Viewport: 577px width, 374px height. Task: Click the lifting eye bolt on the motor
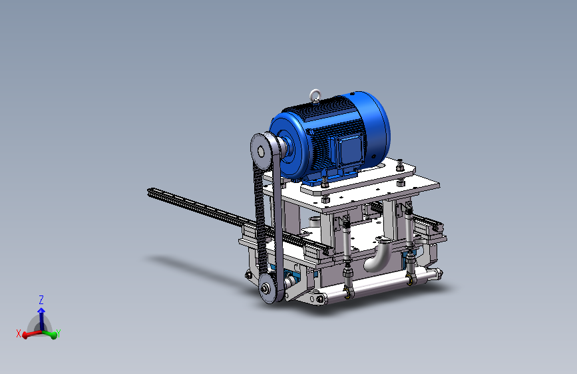coord(315,95)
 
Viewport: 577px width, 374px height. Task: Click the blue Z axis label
coord(41,299)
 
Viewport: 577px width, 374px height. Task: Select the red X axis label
coord(19,333)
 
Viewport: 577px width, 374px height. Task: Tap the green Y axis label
coord(58,333)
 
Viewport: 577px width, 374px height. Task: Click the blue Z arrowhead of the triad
coord(41,311)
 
